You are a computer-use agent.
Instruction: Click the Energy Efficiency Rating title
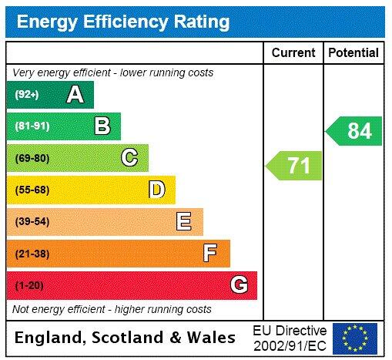(123, 21)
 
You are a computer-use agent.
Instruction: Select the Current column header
(293, 52)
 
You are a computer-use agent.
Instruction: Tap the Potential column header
(353, 52)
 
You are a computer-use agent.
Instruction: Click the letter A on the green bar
(75, 95)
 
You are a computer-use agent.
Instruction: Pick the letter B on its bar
(102, 126)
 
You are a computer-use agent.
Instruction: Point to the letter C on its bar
(129, 158)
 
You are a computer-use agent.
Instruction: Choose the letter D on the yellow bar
(156, 190)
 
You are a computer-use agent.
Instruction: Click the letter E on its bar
(184, 222)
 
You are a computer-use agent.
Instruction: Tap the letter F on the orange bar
(210, 253)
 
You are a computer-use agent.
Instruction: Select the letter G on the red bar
(239, 285)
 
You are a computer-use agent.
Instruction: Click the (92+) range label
(27, 95)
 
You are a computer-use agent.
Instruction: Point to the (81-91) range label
(32, 126)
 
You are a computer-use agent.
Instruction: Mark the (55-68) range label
(32, 190)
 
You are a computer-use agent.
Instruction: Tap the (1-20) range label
(29, 285)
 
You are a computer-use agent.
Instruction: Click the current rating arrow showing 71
(295, 166)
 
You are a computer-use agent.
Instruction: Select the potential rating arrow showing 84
(355, 131)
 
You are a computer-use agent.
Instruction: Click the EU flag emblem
(354, 338)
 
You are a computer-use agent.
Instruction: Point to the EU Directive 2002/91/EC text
(290, 338)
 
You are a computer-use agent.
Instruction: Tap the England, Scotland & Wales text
(126, 338)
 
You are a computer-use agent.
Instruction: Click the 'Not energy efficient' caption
(112, 309)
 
